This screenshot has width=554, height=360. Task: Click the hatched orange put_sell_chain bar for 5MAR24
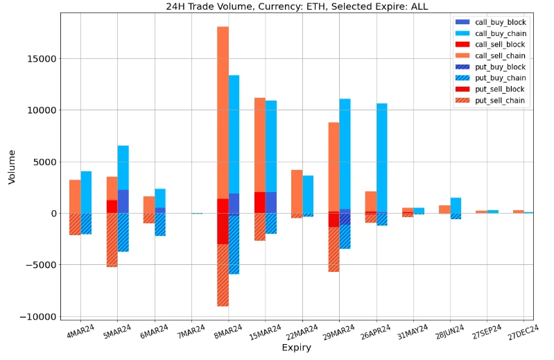(112, 240)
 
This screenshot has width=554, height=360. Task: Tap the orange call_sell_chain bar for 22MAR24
(297, 191)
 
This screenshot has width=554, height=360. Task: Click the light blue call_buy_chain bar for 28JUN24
(456, 205)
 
